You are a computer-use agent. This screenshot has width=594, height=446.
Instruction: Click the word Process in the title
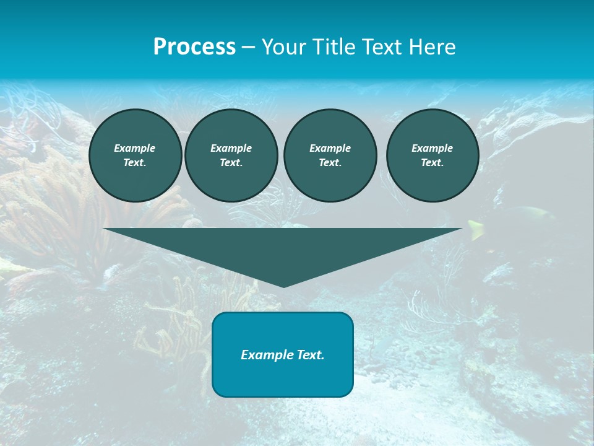pyautogui.click(x=194, y=47)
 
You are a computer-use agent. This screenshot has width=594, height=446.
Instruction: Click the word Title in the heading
pyautogui.click(x=334, y=47)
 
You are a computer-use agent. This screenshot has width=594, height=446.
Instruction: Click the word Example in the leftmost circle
pyautogui.click(x=135, y=148)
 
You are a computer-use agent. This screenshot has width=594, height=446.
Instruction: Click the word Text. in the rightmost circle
pyautogui.click(x=433, y=162)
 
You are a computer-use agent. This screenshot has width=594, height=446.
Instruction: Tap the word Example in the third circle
pyautogui.click(x=330, y=148)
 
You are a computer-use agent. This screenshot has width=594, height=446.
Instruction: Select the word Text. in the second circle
pyautogui.click(x=231, y=162)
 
